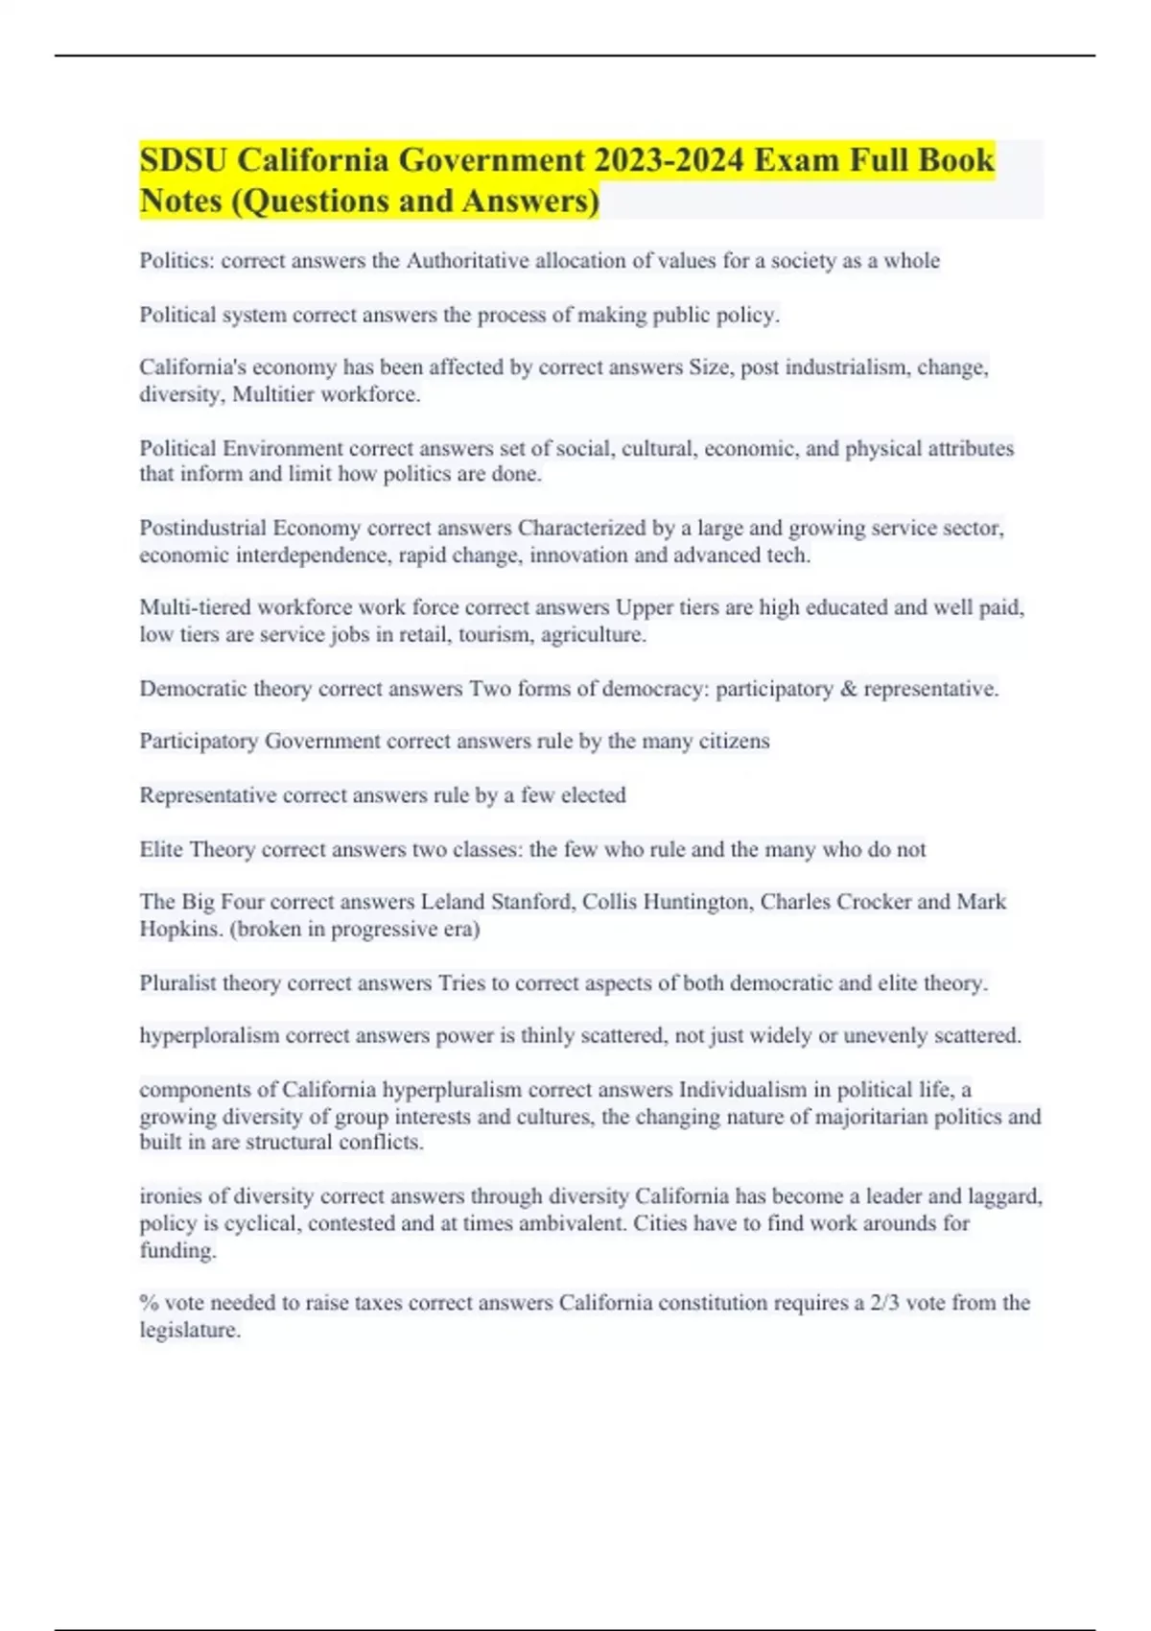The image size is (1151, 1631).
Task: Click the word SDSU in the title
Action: point(183,159)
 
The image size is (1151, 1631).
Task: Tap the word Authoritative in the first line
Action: point(467,261)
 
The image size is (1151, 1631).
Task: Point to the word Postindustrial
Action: point(202,528)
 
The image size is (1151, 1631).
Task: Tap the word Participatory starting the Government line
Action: point(199,742)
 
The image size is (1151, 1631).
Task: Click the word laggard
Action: point(1002,1196)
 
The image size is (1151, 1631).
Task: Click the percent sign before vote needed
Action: point(149,1303)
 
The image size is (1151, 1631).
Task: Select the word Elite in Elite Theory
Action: point(161,849)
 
